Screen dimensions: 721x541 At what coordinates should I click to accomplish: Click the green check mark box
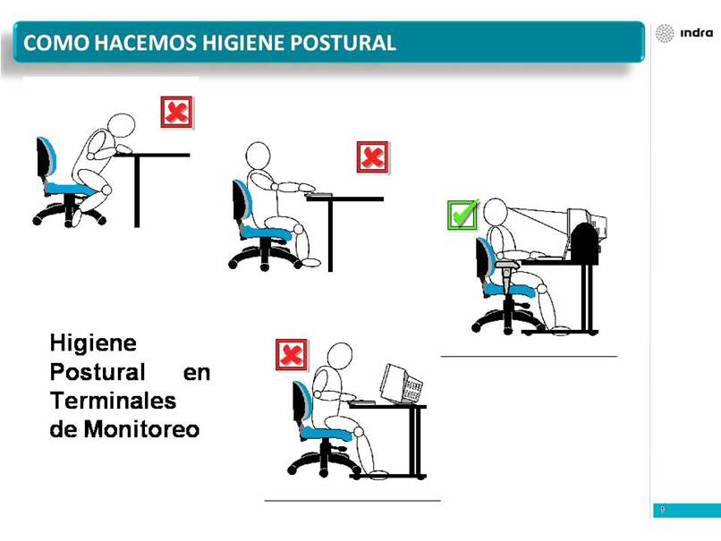(462, 215)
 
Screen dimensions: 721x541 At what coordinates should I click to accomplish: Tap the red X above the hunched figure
(176, 112)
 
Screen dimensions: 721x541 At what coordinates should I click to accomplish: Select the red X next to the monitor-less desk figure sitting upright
(373, 157)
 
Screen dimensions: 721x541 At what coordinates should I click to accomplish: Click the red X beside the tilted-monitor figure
(291, 354)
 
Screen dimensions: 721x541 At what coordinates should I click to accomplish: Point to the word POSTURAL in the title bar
(343, 43)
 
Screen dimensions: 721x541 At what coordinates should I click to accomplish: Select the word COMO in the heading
(56, 43)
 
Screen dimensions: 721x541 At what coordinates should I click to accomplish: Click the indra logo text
(696, 33)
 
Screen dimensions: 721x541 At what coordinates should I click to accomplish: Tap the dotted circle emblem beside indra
(665, 33)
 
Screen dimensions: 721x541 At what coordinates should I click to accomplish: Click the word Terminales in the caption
(113, 401)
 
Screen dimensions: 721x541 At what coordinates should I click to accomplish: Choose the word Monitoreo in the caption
(141, 429)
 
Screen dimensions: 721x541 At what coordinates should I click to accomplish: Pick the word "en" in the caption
(197, 372)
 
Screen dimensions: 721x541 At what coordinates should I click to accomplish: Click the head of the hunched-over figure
(121, 126)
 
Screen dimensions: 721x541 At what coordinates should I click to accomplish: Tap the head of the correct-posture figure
(496, 212)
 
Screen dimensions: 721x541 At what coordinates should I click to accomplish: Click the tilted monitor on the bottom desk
(401, 384)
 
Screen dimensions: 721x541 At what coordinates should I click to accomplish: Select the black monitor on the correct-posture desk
(584, 242)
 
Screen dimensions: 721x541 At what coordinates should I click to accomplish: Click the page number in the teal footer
(663, 510)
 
